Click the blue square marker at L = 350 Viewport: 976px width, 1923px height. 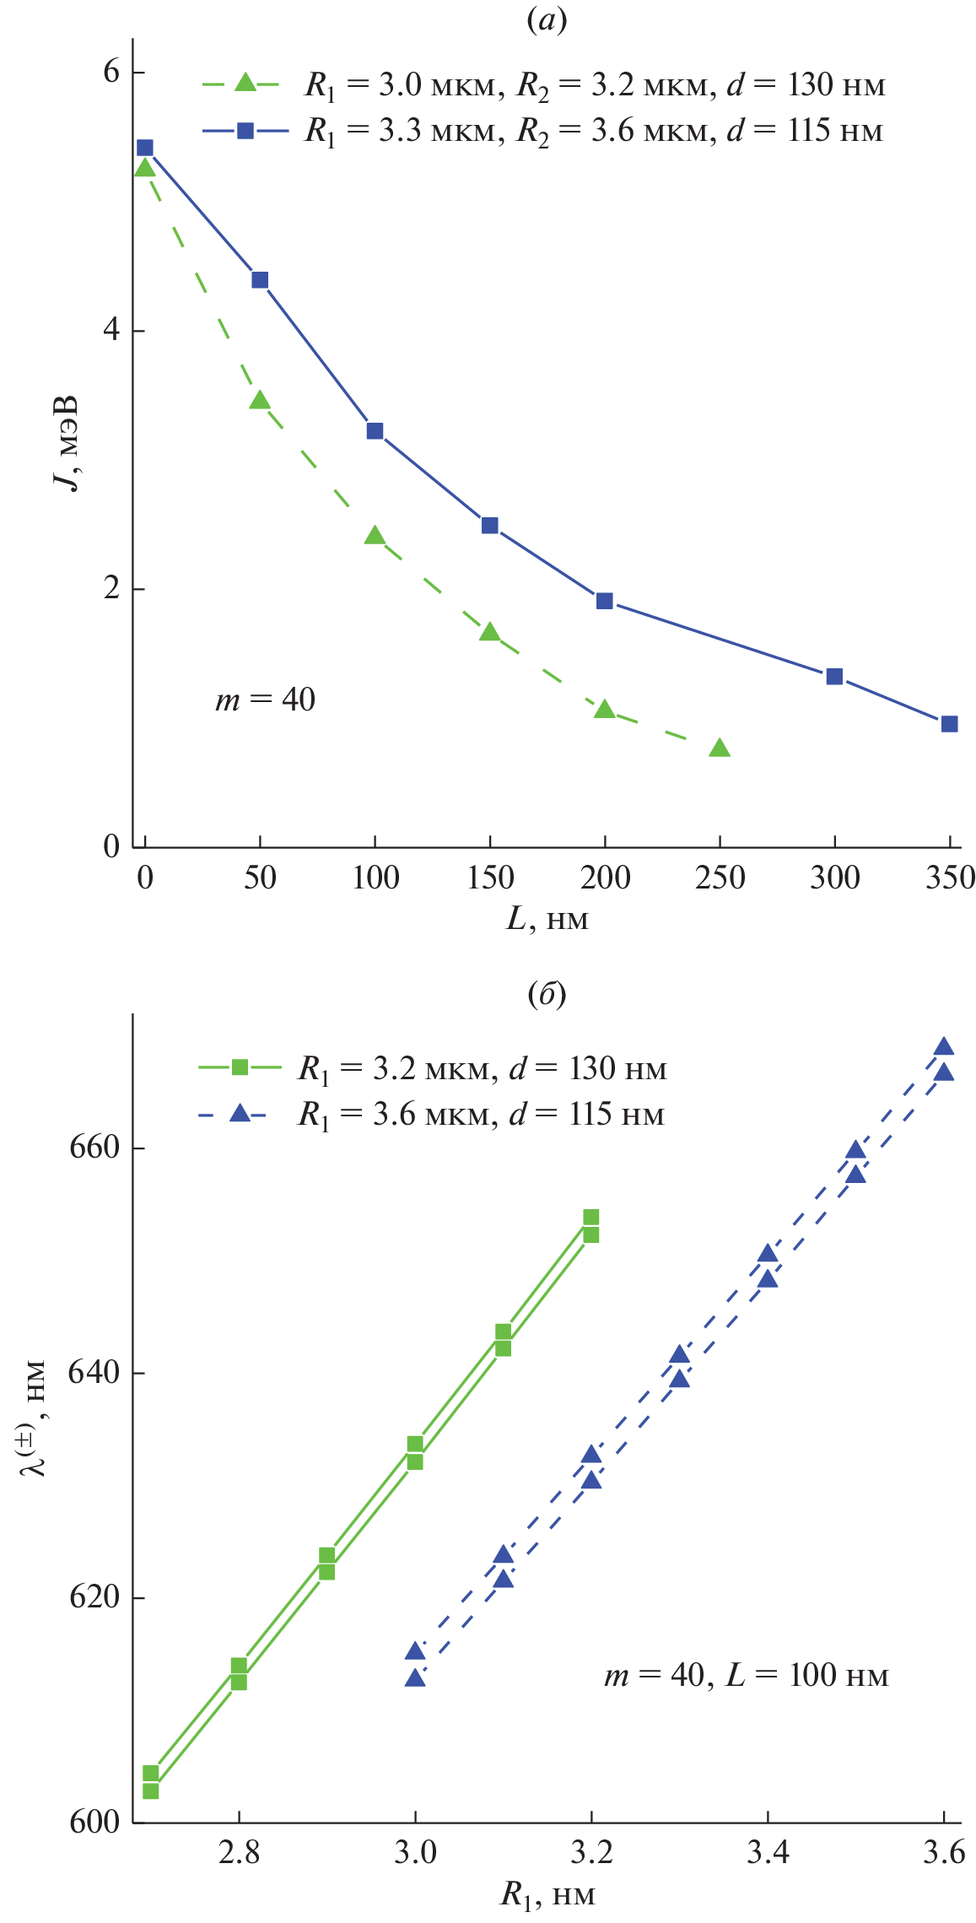949,723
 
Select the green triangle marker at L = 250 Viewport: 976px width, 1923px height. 719,748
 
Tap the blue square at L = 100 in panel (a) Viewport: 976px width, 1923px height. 375,431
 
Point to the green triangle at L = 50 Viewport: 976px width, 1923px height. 260,401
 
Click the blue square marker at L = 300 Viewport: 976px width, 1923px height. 834,676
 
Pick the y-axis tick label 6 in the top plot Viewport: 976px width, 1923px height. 111,72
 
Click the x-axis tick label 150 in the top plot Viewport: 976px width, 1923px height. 490,878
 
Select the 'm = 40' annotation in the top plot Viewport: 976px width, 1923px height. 265,700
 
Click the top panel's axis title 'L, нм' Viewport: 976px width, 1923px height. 547,919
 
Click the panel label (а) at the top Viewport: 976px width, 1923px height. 547,20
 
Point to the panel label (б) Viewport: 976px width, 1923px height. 547,994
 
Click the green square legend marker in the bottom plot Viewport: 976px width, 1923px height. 240,1067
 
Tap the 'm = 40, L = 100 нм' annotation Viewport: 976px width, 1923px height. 746,1675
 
